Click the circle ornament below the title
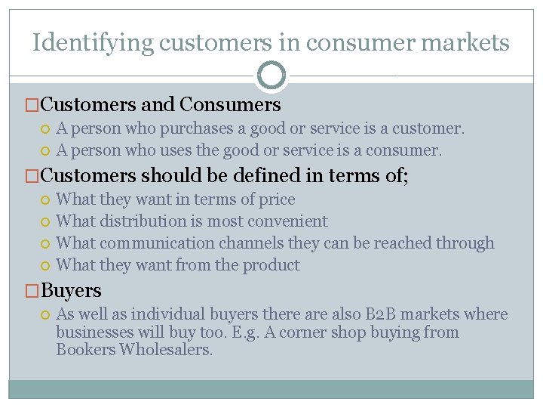[x=271, y=75]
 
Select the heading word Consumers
[x=231, y=104]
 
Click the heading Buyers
[x=71, y=290]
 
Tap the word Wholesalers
[x=167, y=351]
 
